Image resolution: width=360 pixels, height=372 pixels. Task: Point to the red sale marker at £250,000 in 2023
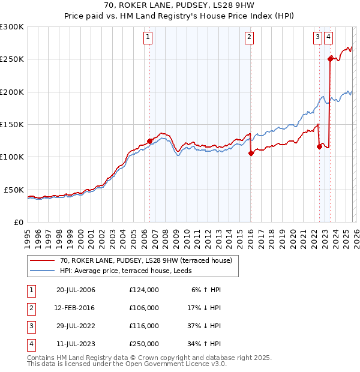330,58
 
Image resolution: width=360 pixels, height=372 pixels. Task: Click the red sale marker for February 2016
251,153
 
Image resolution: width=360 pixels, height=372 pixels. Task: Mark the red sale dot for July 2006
149,141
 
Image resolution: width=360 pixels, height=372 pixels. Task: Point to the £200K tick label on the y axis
12,92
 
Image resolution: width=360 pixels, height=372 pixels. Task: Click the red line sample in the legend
43,260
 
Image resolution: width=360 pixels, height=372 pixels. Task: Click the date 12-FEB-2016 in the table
76,307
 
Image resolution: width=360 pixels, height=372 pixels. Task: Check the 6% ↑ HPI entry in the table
206,289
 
